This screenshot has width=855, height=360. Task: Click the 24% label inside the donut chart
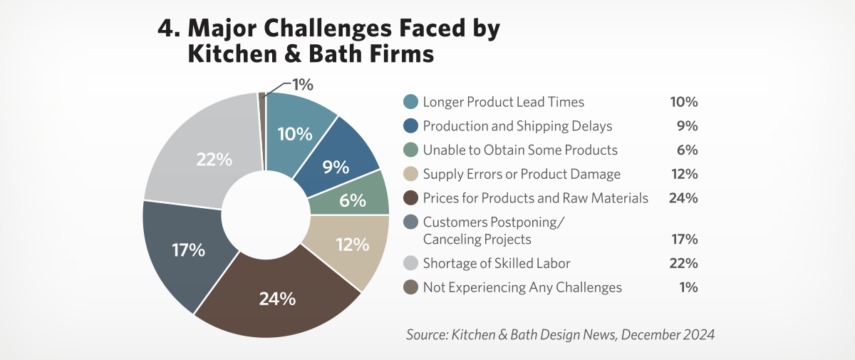pos(277,299)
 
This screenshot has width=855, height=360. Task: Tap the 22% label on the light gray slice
pos(214,160)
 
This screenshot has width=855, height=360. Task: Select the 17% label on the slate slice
pos(188,250)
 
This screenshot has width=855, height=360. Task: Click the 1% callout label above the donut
pos(302,85)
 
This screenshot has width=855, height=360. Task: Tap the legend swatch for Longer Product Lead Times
pos(410,102)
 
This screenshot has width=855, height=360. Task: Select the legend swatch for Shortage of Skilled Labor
pos(410,263)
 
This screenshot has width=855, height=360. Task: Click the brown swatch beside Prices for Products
pos(410,197)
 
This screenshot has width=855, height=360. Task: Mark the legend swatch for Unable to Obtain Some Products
pos(410,150)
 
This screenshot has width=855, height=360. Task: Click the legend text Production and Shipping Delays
pos(517,126)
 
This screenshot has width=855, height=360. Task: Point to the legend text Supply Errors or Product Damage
pos(522,174)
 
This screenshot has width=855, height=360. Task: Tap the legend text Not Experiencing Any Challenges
pos(522,287)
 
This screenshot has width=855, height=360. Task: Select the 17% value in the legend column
pos(683,239)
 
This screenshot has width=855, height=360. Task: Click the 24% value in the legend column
pos(683,197)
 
